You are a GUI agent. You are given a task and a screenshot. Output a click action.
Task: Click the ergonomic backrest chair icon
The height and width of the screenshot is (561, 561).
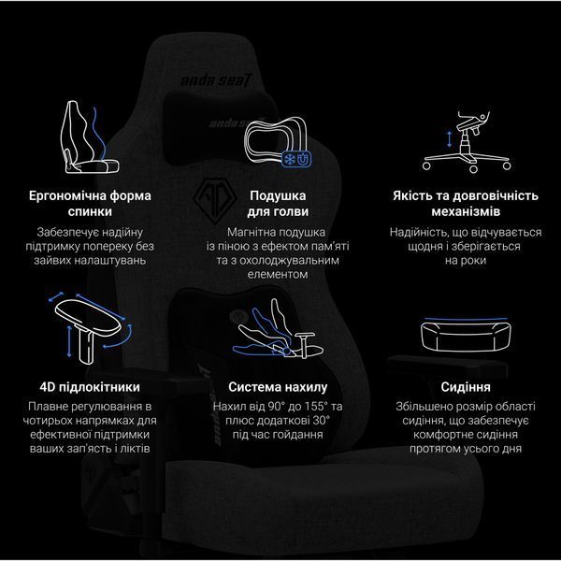[90, 137]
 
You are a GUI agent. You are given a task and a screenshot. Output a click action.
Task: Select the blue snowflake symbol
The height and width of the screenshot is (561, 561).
[289, 159]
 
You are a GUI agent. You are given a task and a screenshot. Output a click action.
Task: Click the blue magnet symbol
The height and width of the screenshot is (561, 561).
[304, 159]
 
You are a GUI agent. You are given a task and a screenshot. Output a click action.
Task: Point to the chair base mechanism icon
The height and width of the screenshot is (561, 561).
[467, 142]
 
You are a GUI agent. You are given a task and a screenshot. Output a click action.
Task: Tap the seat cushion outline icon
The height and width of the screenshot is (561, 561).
[466, 335]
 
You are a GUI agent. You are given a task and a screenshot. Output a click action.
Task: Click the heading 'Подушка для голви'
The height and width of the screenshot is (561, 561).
[278, 204]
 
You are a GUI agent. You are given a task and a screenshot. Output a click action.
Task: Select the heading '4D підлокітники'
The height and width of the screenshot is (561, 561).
[90, 387]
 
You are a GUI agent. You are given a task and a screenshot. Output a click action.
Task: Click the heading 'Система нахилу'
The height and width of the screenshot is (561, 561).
[278, 387]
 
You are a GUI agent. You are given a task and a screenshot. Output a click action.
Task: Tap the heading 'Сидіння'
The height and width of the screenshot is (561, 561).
[466, 387]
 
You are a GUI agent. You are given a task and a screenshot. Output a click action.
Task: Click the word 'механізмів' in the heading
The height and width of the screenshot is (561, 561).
[466, 211]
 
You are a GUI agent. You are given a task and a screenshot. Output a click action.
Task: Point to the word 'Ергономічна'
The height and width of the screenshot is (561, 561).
[67, 195]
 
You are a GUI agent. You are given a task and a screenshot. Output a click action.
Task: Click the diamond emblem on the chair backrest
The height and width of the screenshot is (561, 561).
[215, 201]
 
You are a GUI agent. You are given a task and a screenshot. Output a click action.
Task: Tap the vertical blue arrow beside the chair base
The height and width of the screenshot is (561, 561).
[450, 139]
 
